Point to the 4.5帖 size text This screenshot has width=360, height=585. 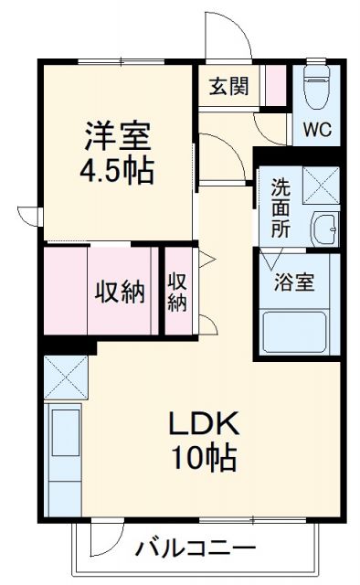[x=116, y=171]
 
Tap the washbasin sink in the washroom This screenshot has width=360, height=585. [x=324, y=226]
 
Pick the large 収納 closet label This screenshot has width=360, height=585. [x=120, y=292]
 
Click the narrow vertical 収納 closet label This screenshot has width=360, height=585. [x=176, y=292]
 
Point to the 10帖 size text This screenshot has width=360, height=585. [x=203, y=456]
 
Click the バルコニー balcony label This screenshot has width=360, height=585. [x=196, y=550]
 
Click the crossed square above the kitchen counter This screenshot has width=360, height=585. [x=65, y=377]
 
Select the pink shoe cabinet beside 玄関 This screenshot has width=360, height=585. [x=274, y=88]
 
